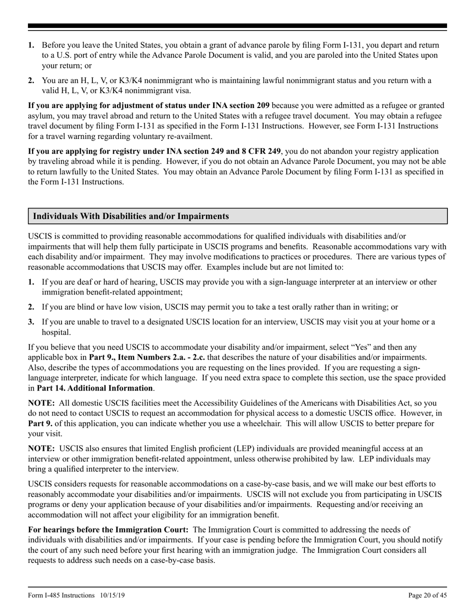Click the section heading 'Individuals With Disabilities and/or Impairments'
point(131,216)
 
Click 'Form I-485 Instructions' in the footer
point(61,595)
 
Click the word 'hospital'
point(56,332)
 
